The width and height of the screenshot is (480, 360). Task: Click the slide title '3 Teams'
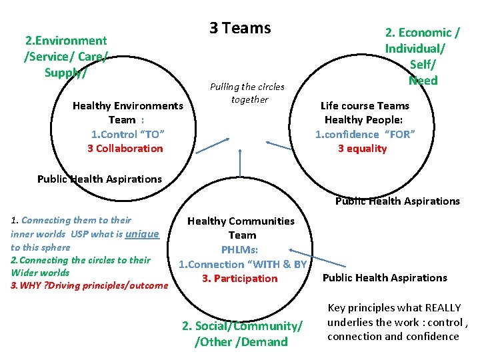click(x=240, y=28)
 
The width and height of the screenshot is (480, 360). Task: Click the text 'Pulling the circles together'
click(x=247, y=93)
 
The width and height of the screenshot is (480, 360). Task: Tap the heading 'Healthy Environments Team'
click(x=127, y=113)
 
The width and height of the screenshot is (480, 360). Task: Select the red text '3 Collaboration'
click(x=125, y=148)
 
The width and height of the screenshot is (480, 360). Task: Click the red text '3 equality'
click(x=362, y=148)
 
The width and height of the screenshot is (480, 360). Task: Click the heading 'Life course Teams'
click(x=365, y=105)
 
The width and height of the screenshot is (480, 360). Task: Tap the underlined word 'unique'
click(x=142, y=233)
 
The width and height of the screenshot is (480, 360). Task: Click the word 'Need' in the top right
click(x=423, y=80)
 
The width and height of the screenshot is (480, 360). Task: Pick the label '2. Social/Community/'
click(x=242, y=326)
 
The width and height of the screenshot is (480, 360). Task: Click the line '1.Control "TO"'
click(x=127, y=134)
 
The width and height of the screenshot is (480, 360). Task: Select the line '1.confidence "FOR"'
click(x=365, y=134)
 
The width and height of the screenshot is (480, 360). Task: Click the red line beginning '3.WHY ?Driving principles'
click(x=89, y=285)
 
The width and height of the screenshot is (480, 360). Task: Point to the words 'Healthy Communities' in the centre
click(x=241, y=221)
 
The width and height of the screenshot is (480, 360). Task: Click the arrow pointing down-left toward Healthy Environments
click(x=212, y=146)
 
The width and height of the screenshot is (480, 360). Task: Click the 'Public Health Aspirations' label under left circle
click(x=99, y=179)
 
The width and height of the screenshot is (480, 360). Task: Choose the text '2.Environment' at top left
click(x=65, y=41)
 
